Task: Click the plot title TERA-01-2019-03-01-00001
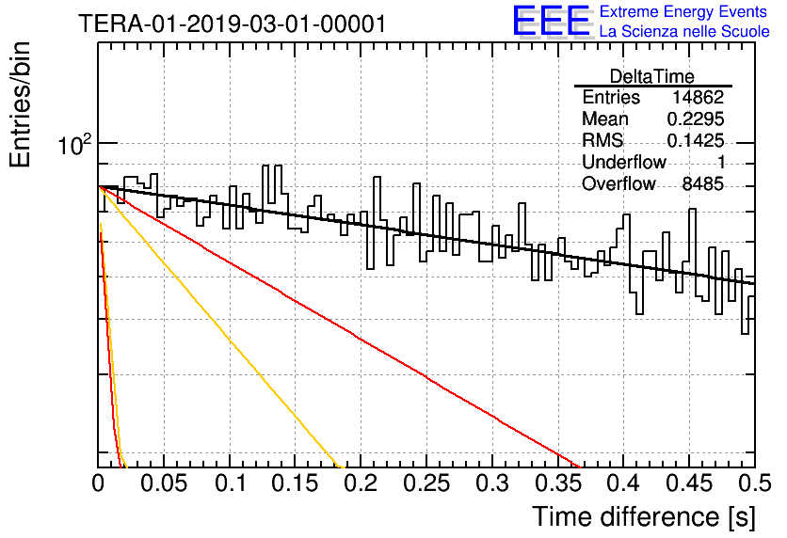tap(233, 24)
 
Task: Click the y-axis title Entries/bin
tap(20, 105)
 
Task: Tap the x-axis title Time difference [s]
tap(644, 517)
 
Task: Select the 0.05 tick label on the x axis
tap(164, 483)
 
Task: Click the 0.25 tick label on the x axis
tap(426, 483)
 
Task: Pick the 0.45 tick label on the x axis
tap(690, 483)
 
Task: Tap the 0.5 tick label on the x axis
tap(755, 483)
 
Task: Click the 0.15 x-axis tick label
tap(296, 483)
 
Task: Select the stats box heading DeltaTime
tap(652, 76)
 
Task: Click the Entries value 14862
tap(699, 97)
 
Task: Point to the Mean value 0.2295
tap(696, 119)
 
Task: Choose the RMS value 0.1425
tap(696, 141)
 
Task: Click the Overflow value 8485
tap(702, 184)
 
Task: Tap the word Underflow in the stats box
tap(624, 162)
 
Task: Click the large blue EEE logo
tap(551, 21)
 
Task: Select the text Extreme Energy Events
tap(683, 11)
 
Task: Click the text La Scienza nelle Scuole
tap(684, 32)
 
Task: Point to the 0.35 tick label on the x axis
tap(558, 483)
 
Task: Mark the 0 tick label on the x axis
tap(98, 483)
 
